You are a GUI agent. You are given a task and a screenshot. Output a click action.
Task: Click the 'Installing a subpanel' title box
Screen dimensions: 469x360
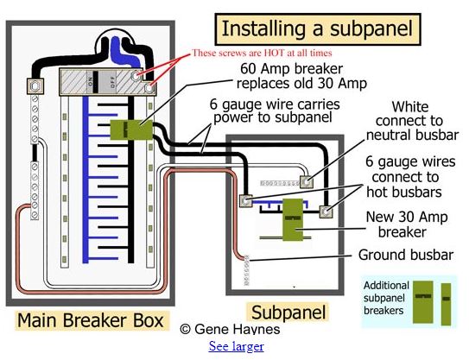pyautogui.click(x=318, y=29)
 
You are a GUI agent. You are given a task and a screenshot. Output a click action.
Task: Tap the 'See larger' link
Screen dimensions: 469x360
pyautogui.click(x=237, y=346)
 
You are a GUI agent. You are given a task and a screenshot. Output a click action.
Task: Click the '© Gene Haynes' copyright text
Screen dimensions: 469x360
pyautogui.click(x=230, y=329)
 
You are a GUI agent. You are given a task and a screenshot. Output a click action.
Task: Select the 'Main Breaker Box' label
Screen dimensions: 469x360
pyautogui.click(x=91, y=320)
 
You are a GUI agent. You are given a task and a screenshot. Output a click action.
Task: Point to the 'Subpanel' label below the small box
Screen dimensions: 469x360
pyautogui.click(x=288, y=313)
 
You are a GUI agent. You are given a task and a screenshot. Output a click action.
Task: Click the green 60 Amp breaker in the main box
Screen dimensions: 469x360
pyautogui.click(x=131, y=129)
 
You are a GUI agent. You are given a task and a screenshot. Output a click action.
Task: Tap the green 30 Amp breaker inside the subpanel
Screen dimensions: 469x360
pyautogui.click(x=293, y=220)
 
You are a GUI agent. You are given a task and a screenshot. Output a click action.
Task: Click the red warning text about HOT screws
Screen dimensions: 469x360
pyautogui.click(x=262, y=53)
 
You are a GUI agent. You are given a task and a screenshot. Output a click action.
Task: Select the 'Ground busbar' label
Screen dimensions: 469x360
pyautogui.click(x=406, y=255)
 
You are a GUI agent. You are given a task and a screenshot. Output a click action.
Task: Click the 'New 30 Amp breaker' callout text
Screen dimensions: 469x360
pyautogui.click(x=406, y=224)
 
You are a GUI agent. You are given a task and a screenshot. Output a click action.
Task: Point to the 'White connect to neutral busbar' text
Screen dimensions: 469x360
pyautogui.click(x=412, y=121)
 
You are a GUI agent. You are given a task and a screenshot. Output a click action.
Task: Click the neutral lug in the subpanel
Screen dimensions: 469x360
pyautogui.click(x=307, y=181)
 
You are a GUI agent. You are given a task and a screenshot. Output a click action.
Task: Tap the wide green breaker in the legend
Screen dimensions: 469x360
pyautogui.click(x=423, y=302)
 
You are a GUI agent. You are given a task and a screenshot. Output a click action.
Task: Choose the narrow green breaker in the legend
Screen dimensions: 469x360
pyautogui.click(x=447, y=304)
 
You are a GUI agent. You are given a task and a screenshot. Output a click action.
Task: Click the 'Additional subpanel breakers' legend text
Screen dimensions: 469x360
pyautogui.click(x=386, y=298)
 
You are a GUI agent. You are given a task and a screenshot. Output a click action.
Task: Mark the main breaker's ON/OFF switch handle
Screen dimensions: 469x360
pyautogui.click(x=95, y=82)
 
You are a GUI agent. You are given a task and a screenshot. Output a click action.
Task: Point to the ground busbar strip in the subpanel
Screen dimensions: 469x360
pyautogui.click(x=247, y=270)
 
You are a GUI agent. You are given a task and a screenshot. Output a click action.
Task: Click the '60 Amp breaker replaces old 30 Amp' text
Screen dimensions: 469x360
pyautogui.click(x=301, y=76)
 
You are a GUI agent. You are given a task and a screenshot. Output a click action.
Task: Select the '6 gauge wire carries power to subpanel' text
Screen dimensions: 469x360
pyautogui.click(x=275, y=111)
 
